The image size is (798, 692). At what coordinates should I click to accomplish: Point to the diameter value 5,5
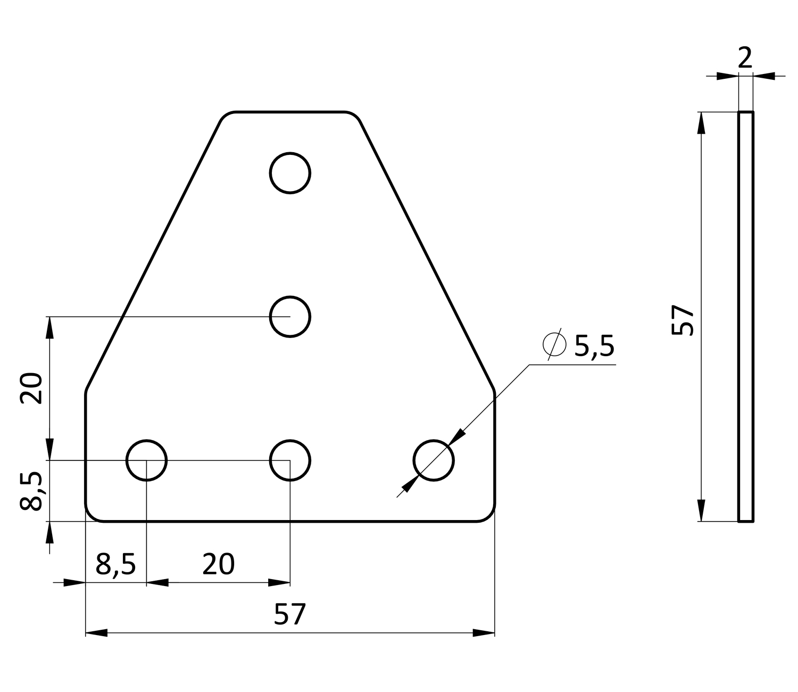[x=594, y=346]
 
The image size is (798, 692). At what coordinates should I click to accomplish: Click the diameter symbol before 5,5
[x=554, y=344]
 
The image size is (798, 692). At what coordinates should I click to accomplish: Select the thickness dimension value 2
[x=745, y=58]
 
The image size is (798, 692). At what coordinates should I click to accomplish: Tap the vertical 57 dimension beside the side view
[x=683, y=320]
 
